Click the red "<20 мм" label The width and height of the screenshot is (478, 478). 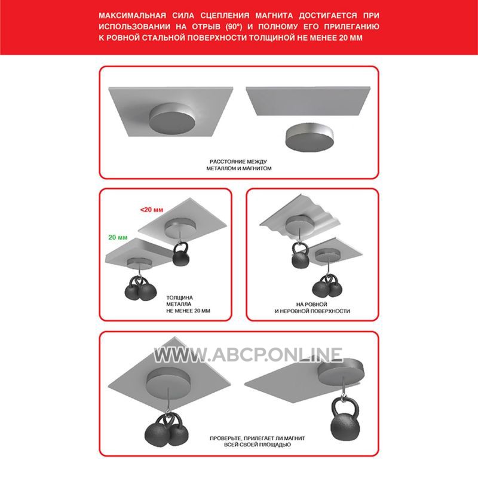click(x=152, y=210)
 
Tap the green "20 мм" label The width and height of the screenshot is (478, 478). click(x=118, y=237)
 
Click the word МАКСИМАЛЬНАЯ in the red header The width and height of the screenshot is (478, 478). click(x=132, y=16)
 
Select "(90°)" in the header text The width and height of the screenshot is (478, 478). click(x=234, y=26)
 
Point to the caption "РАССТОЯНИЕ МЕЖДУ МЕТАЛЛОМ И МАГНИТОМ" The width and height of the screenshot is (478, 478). click(x=238, y=165)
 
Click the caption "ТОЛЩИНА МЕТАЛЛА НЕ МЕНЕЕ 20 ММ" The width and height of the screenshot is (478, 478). click(x=188, y=304)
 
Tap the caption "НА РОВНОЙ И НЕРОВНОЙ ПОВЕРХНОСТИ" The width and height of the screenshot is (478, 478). click(x=312, y=308)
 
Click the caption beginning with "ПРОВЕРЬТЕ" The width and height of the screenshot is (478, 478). click(x=258, y=442)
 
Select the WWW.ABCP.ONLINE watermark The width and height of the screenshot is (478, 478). click(x=248, y=354)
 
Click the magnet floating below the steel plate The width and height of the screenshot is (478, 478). click(x=309, y=138)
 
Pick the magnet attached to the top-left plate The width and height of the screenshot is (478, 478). click(x=172, y=118)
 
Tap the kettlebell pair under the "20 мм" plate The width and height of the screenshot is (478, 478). click(x=140, y=288)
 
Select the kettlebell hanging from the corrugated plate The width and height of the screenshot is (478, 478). click(x=301, y=256)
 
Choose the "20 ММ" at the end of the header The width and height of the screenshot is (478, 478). click(x=351, y=38)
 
